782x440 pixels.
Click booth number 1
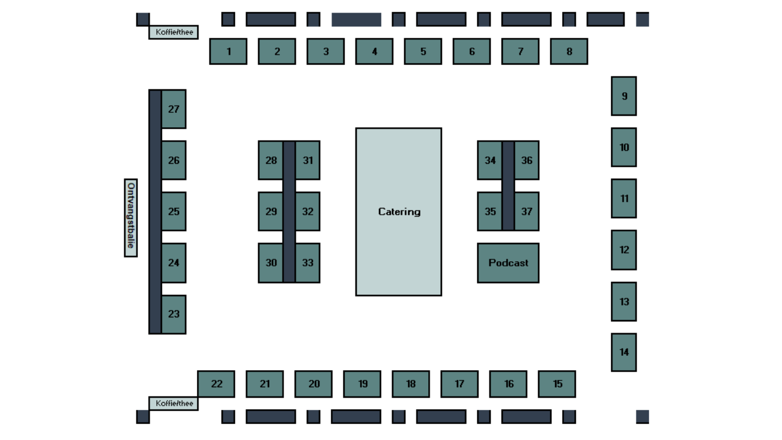(x=228, y=52)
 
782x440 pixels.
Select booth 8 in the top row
(x=568, y=52)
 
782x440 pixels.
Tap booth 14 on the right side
(x=623, y=352)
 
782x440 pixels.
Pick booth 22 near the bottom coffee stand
(x=216, y=384)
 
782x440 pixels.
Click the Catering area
(x=398, y=212)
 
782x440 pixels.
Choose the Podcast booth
(x=508, y=263)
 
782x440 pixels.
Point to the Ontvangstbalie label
(x=131, y=218)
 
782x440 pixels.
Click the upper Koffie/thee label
(x=173, y=32)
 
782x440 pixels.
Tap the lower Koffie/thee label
(x=173, y=403)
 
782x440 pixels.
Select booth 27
(x=173, y=109)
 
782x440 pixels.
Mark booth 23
(x=173, y=314)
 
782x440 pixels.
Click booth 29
(x=271, y=211)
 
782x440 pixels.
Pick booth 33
(x=307, y=263)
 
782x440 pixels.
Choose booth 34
(x=490, y=160)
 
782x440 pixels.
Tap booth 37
(x=527, y=211)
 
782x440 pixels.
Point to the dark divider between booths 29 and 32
(x=289, y=211)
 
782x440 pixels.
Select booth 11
(x=623, y=199)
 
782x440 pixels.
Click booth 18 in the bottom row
(x=410, y=384)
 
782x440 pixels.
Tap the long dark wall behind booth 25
(x=155, y=211)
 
